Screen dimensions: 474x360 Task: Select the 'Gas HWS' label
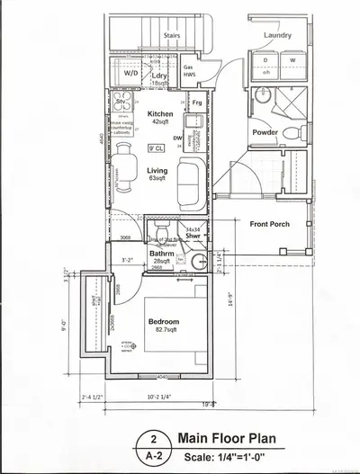click(x=189, y=72)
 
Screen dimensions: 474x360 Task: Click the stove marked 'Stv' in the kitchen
click(x=121, y=104)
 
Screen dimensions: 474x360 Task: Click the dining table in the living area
click(x=122, y=167)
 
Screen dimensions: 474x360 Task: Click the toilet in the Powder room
click(x=292, y=133)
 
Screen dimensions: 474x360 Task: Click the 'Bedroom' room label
click(x=164, y=321)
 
